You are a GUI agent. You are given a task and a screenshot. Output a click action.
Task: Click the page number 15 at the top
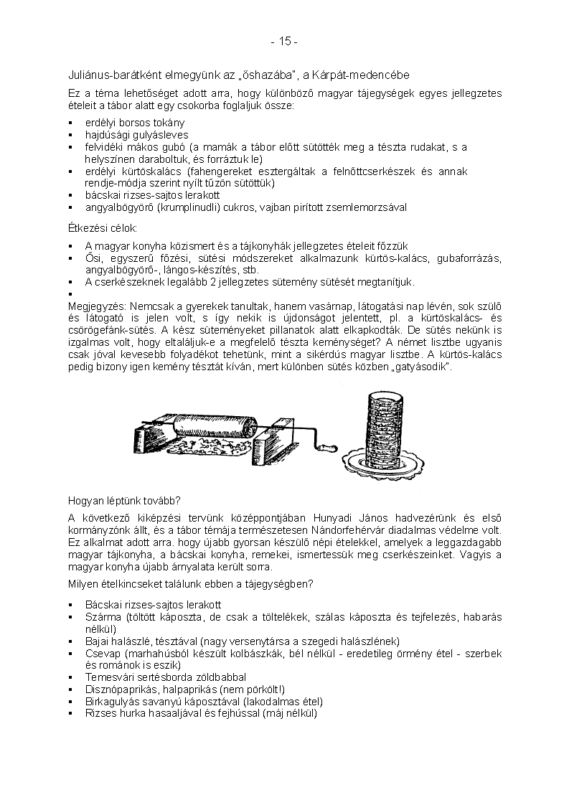[284, 42]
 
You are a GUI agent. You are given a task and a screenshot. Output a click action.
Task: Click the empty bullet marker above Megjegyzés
[71, 293]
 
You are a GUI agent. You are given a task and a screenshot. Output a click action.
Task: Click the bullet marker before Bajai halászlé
[71, 641]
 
